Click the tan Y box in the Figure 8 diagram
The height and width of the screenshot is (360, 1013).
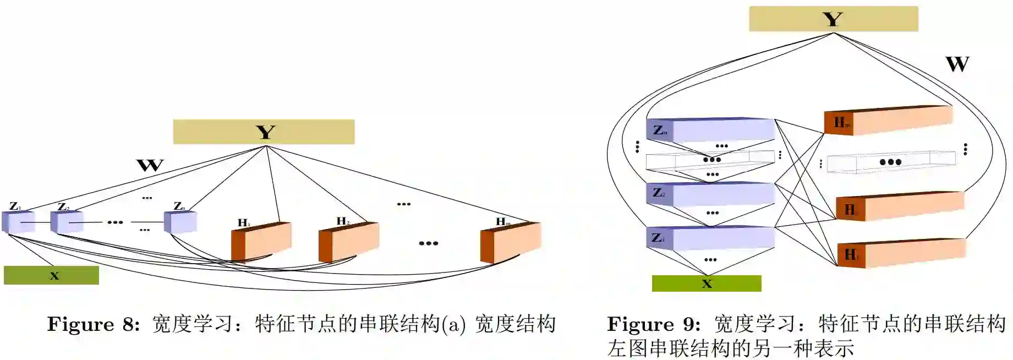point(264,132)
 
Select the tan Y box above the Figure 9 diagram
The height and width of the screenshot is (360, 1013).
point(833,19)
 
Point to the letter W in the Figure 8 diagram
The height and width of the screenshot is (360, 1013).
point(150,165)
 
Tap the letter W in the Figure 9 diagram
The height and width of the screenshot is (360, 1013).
point(957,64)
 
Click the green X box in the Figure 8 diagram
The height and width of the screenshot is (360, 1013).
point(51,275)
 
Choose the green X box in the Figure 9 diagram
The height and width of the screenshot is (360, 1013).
point(707,283)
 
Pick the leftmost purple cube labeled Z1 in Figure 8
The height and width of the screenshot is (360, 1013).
point(18,222)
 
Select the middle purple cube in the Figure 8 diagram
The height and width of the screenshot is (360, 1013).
point(67,221)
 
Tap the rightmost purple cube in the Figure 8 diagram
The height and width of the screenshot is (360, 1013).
point(180,222)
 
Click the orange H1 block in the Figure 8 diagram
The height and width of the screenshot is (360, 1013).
point(261,241)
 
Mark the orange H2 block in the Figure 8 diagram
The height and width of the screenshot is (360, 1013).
point(349,241)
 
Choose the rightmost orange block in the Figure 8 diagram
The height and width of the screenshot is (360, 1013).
point(511,242)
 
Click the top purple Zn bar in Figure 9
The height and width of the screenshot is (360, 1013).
point(710,130)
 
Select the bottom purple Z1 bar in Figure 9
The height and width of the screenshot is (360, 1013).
point(710,238)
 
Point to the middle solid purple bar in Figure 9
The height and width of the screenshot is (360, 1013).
point(710,194)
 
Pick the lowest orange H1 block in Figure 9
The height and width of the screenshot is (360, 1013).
point(901,254)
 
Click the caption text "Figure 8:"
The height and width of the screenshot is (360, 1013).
point(93,324)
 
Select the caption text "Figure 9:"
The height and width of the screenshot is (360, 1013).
point(653,324)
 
